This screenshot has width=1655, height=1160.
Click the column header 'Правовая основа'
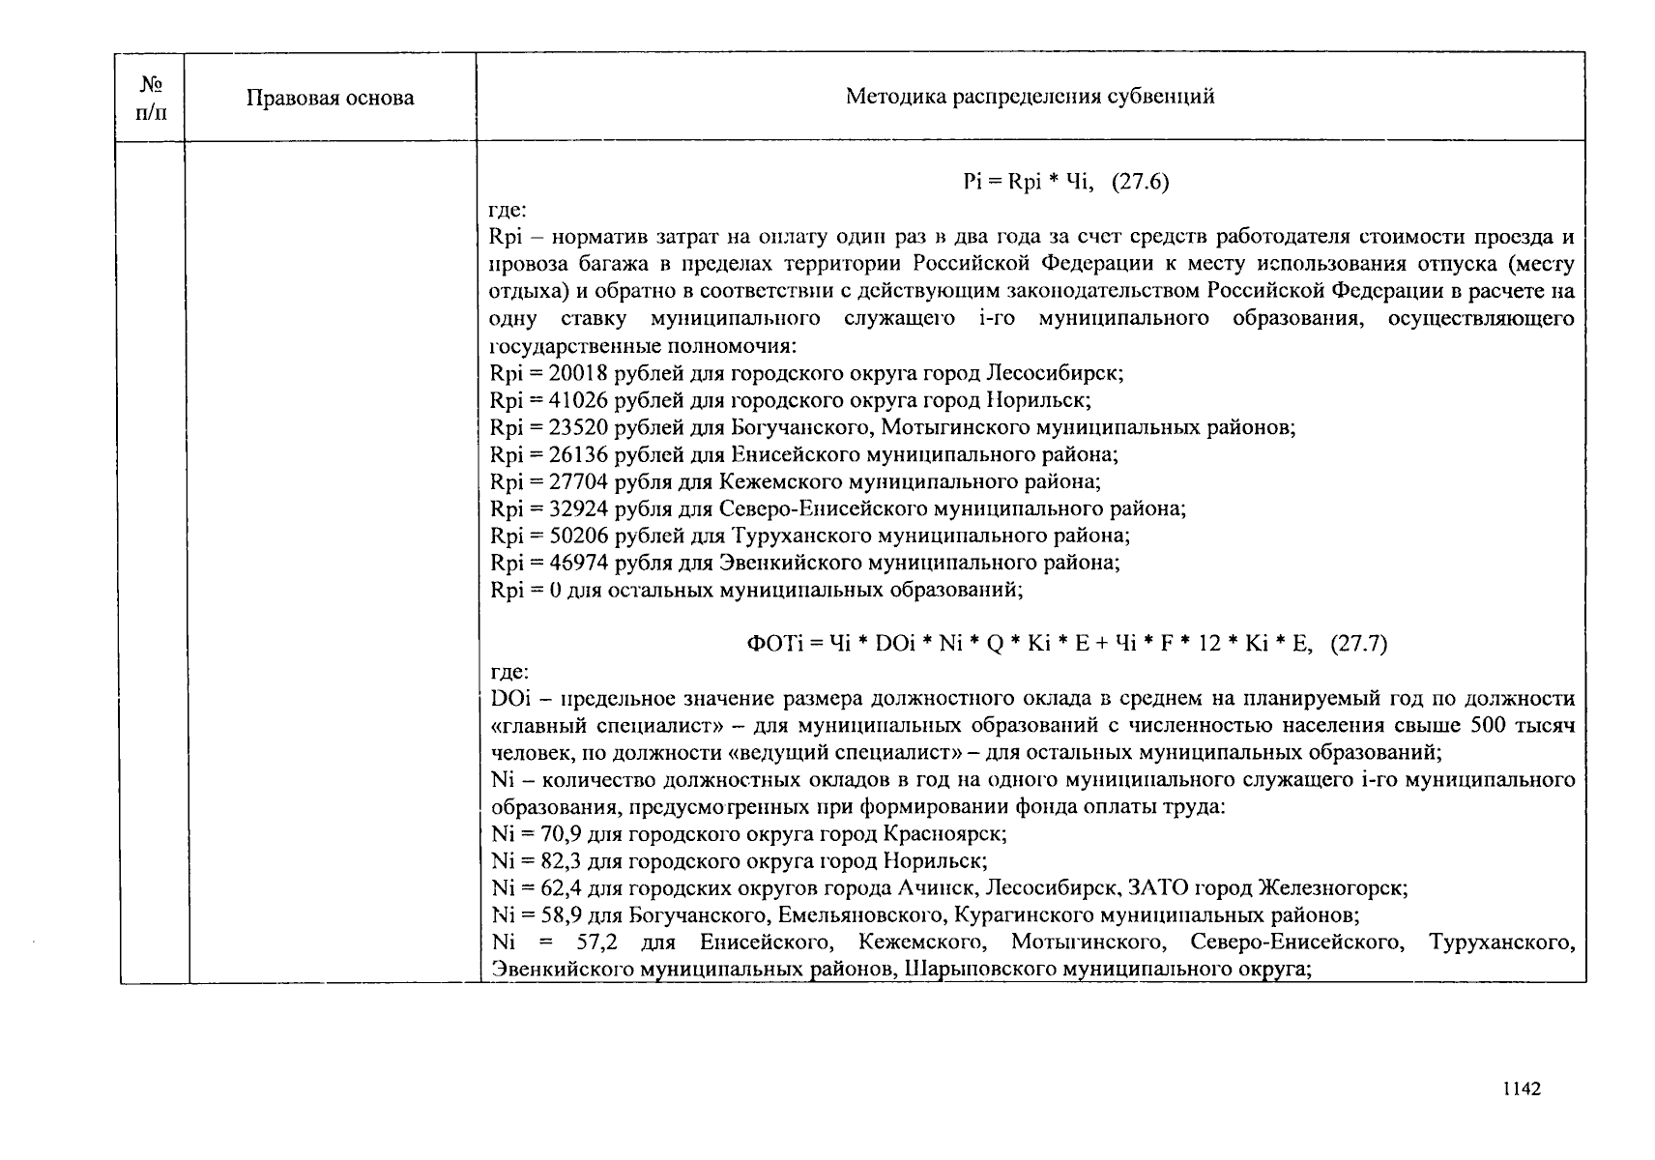pyautogui.click(x=330, y=98)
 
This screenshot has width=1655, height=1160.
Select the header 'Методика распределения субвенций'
pyautogui.click(x=1030, y=96)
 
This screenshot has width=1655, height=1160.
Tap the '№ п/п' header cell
pyautogui.click(x=150, y=98)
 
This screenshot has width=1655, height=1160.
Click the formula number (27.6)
pyautogui.click(x=1140, y=183)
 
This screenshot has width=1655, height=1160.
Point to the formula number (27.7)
pyautogui.click(x=1358, y=644)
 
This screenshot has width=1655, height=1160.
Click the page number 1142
pyautogui.click(x=1522, y=1089)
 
